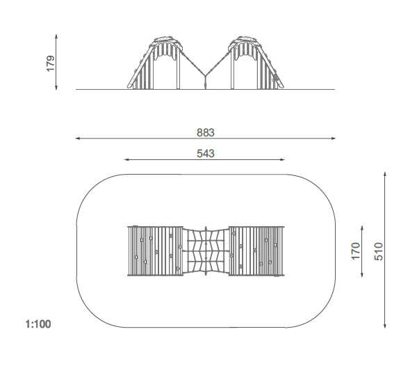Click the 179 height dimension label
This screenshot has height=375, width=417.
coord(51,63)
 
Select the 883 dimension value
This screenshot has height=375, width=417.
coord(206,133)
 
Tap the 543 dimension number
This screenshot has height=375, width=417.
coord(206,154)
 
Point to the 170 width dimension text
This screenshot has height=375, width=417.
coord(356,251)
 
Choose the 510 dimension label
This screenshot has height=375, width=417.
coord(379,251)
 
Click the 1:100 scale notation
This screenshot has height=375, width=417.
coord(38,324)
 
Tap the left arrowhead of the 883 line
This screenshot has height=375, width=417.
coord(78,138)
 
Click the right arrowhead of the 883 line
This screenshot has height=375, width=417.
coord(333,138)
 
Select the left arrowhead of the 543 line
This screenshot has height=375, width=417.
coord(126,160)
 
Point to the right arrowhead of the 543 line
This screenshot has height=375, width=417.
coord(282,160)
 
